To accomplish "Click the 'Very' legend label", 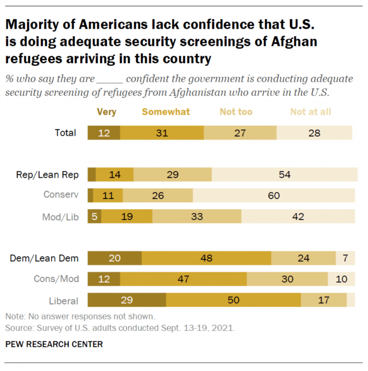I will tap(106, 112).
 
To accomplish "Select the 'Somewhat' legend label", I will tap(166, 112).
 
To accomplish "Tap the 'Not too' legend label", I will tap(236, 112).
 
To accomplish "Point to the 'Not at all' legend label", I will tap(310, 112).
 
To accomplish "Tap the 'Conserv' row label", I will tap(60, 195).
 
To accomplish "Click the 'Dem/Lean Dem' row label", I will tap(45, 259).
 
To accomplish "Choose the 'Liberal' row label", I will tap(64, 301).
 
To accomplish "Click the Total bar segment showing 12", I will tap(104, 133).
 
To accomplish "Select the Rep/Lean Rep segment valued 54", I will tap(285, 175).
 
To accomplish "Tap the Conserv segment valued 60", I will tap(274, 195).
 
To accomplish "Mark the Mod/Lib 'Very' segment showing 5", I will tap(94, 216).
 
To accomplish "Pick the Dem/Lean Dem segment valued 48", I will tap(207, 259).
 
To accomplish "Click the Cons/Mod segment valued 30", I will tap(287, 279).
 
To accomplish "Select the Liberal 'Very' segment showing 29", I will tap(127, 300).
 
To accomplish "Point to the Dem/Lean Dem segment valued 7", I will tap(345, 259).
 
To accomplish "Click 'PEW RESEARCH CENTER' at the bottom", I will tap(54, 344).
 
